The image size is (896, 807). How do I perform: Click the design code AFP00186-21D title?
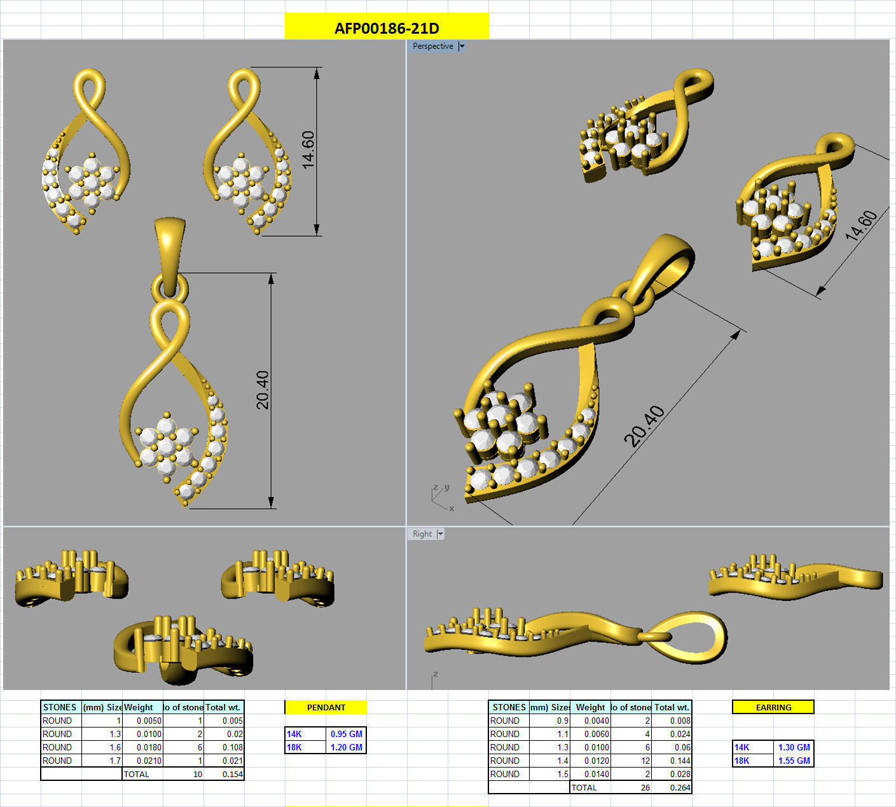click(387, 28)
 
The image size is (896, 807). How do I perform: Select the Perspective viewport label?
click(432, 46)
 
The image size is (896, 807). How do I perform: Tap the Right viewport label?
click(422, 534)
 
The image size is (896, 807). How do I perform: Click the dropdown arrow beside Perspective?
click(462, 46)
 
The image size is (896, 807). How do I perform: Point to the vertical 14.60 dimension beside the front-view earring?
click(308, 150)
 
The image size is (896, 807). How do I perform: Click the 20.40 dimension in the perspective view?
click(644, 426)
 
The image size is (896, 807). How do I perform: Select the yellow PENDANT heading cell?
click(326, 707)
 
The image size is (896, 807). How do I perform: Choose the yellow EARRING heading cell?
click(773, 707)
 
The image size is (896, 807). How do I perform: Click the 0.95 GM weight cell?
click(346, 734)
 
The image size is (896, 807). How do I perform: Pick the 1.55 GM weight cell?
click(794, 761)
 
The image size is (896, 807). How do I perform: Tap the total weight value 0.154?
click(232, 774)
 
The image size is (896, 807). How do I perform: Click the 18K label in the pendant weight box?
click(294, 747)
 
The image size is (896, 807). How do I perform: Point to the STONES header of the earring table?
click(509, 707)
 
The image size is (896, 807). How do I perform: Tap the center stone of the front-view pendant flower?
click(166, 446)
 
